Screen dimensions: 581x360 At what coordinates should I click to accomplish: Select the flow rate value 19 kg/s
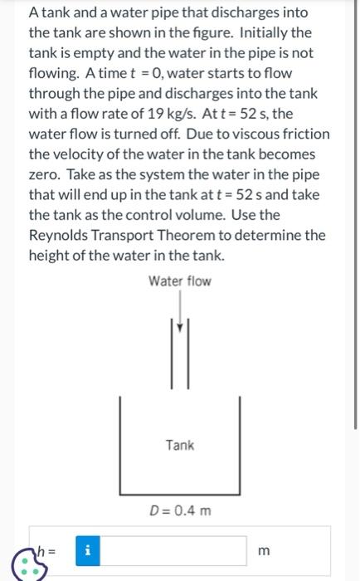[184, 113]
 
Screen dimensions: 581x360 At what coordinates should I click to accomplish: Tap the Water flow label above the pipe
[180, 281]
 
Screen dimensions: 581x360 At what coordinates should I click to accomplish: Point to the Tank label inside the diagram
[179, 445]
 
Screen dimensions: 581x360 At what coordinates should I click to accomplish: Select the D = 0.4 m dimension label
[179, 510]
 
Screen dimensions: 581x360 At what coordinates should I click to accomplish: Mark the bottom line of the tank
[180, 492]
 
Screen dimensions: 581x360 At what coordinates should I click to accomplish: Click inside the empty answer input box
[174, 549]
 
